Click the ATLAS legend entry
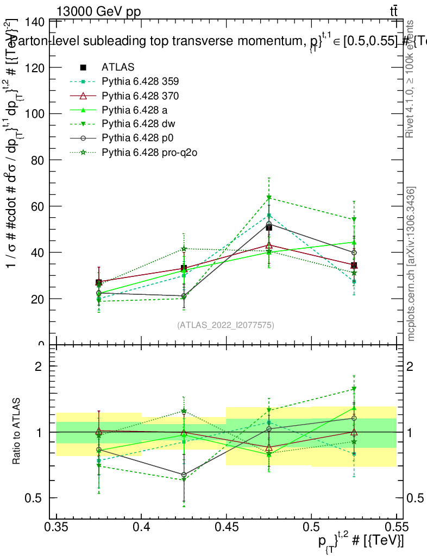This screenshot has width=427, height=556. click(x=117, y=67)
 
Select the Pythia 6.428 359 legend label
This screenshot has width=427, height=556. click(x=140, y=81)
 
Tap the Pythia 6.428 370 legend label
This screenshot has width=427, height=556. click(x=140, y=96)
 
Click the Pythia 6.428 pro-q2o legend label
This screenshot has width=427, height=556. click(x=148, y=152)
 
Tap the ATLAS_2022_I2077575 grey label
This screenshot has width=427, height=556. click(x=225, y=325)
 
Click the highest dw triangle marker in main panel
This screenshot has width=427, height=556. click(x=269, y=198)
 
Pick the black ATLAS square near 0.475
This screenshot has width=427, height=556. click(x=269, y=228)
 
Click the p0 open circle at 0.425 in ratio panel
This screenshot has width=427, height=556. click(x=184, y=475)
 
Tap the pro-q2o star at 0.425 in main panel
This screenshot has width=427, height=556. click(x=184, y=249)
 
